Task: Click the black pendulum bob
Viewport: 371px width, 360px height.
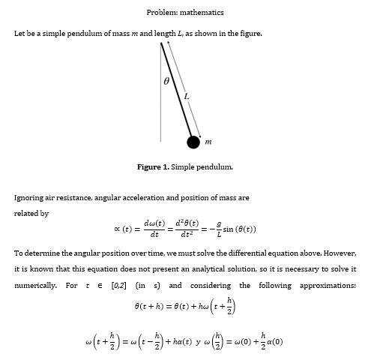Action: coord(193,142)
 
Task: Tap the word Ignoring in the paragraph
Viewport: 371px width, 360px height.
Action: coord(29,198)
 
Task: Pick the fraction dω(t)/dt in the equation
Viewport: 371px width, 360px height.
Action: coord(154,229)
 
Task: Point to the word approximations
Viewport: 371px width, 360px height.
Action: coord(328,286)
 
